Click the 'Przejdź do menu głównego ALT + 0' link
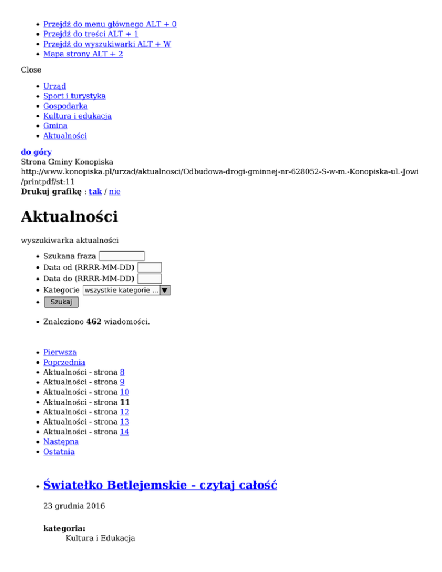pyautogui.click(x=109, y=24)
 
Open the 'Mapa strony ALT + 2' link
pyautogui.click(x=83, y=54)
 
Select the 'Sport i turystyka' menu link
pyautogui.click(x=74, y=96)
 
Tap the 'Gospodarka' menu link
pyautogui.click(x=65, y=106)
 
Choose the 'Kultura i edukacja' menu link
pyautogui.click(x=77, y=116)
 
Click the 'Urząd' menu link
pyautogui.click(x=55, y=86)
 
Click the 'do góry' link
pyautogui.click(x=36, y=152)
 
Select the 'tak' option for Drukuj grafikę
pyautogui.click(x=95, y=191)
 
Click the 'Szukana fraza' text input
pyautogui.click(x=121, y=256)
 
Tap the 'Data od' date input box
pyautogui.click(x=150, y=268)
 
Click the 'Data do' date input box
pyautogui.click(x=150, y=279)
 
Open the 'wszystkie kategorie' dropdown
pyautogui.click(x=127, y=291)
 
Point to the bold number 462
pyautogui.click(x=94, y=322)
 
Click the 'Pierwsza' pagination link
pyautogui.click(x=60, y=352)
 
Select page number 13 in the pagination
pyautogui.click(x=124, y=422)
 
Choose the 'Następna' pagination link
pyautogui.click(x=61, y=441)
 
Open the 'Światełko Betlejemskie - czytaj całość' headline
pyautogui.click(x=160, y=485)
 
